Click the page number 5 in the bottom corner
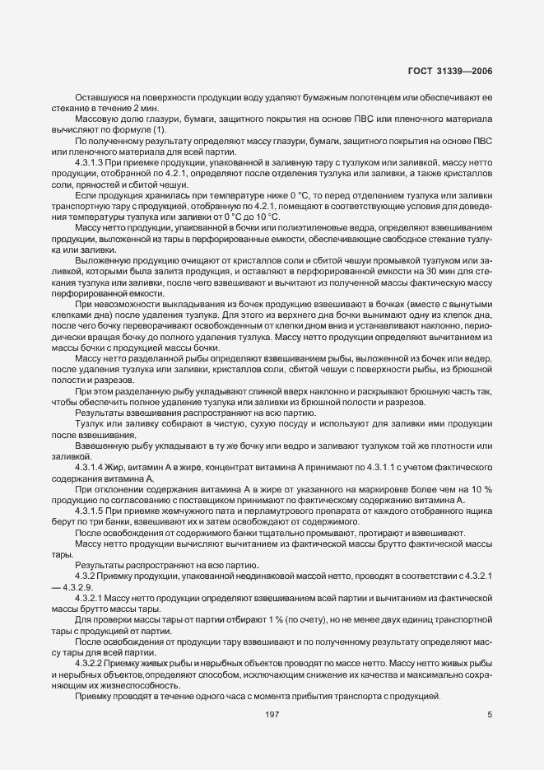(x=490, y=714)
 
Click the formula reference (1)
(x=159, y=129)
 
